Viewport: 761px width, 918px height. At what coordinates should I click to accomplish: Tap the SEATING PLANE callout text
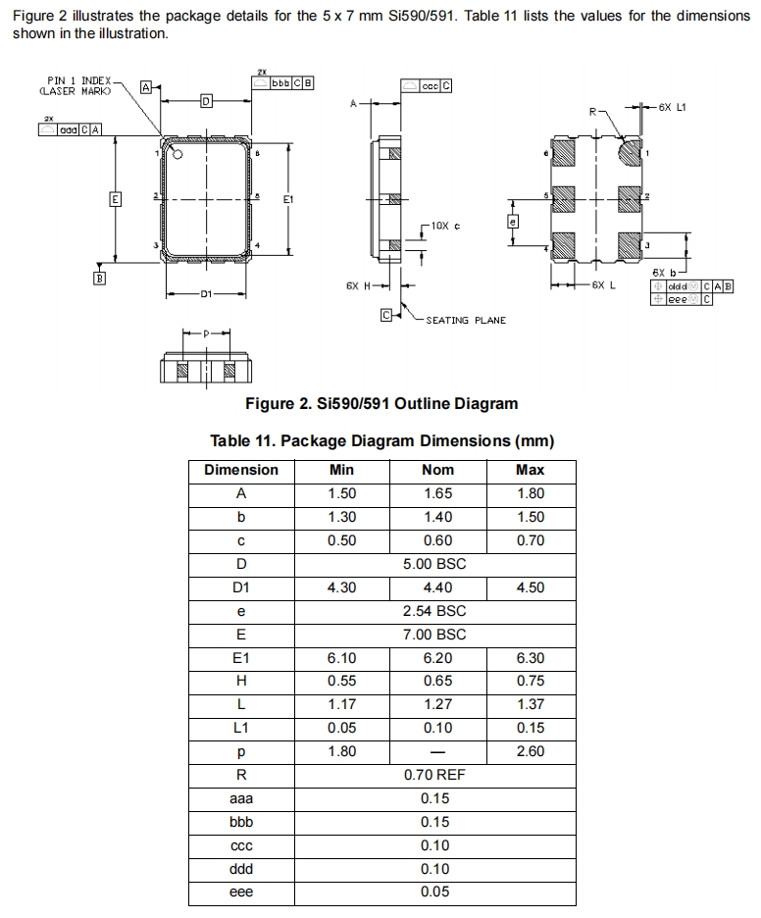click(466, 321)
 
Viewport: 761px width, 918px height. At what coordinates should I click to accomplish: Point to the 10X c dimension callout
click(444, 227)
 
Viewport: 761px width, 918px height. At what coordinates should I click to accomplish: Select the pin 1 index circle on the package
click(178, 154)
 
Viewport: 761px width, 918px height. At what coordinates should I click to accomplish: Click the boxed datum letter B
click(98, 280)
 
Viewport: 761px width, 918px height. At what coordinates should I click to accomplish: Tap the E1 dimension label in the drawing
click(288, 199)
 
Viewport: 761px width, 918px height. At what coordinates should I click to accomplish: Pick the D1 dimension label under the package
click(206, 293)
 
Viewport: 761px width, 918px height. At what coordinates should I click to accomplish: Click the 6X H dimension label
click(359, 286)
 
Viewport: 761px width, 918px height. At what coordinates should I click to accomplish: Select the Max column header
click(530, 470)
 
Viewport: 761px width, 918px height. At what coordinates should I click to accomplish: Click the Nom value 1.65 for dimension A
click(437, 493)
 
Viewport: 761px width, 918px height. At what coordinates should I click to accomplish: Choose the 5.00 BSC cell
click(434, 564)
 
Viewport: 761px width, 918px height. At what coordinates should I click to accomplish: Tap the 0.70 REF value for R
click(434, 775)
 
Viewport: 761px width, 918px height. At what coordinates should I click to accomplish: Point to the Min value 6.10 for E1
click(341, 658)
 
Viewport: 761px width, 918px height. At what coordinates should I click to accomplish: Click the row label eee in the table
click(241, 892)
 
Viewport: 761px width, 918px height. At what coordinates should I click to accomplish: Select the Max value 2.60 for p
click(530, 751)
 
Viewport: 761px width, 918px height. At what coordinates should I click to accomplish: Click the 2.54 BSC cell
click(434, 611)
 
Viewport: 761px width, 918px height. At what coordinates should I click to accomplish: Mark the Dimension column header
click(241, 470)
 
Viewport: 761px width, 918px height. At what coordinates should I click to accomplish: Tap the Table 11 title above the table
click(382, 440)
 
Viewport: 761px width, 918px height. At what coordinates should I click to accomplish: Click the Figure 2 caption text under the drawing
click(381, 403)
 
